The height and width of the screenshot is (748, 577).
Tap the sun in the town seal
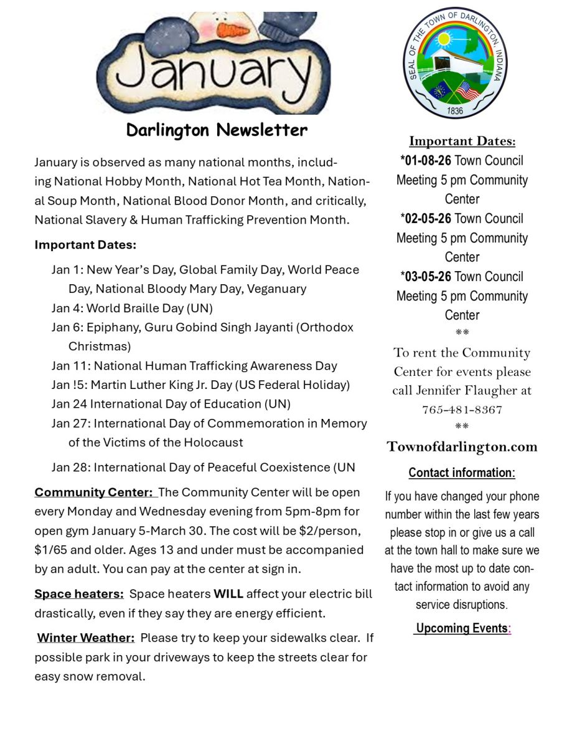click(x=444, y=39)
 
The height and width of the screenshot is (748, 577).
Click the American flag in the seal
click(x=467, y=91)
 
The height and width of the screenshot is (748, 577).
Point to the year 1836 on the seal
click(x=455, y=111)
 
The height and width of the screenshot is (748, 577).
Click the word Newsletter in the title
click(x=261, y=130)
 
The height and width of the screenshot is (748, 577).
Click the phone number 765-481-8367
click(x=462, y=410)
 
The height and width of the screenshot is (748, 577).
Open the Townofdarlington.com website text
click(x=462, y=447)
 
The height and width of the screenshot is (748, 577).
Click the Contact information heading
click(x=461, y=473)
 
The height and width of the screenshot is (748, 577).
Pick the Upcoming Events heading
click(x=462, y=628)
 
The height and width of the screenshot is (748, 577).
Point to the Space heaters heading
click(x=79, y=594)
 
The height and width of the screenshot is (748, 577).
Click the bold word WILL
click(x=228, y=594)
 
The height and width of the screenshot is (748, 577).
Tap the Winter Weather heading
click(x=85, y=638)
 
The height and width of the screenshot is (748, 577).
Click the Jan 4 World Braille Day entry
click(x=132, y=309)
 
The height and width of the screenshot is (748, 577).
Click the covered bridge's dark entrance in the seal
click(x=441, y=64)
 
